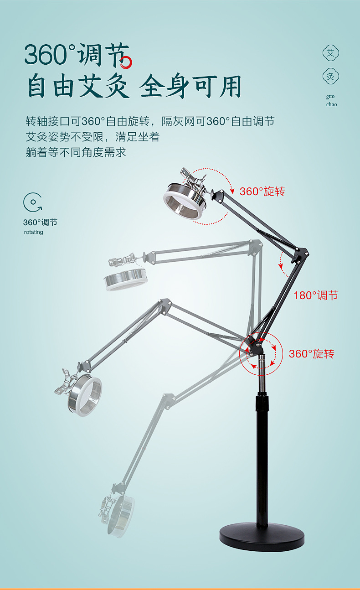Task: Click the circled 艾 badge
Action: (x=330, y=53)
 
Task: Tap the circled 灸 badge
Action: (x=330, y=77)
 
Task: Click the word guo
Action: (x=330, y=97)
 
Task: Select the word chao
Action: (x=331, y=104)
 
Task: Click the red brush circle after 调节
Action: (x=126, y=62)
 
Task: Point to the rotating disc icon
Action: (x=33, y=202)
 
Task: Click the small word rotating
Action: (x=33, y=232)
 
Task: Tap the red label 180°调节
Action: (x=316, y=295)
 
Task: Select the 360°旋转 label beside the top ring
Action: (x=262, y=191)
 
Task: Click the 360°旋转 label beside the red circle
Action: (x=312, y=354)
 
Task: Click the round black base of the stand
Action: (x=262, y=537)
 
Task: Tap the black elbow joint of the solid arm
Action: (x=300, y=255)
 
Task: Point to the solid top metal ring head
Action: (x=184, y=201)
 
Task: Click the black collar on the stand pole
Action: (x=262, y=402)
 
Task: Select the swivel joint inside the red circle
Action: (x=255, y=347)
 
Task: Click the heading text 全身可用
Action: (x=190, y=86)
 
